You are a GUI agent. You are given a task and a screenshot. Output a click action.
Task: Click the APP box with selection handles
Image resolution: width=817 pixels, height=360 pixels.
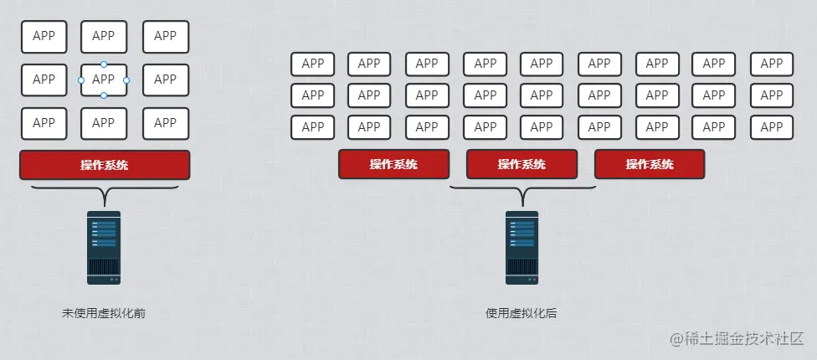pos(104,80)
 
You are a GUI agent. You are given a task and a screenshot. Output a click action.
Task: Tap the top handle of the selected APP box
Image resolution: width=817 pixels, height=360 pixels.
pos(104,64)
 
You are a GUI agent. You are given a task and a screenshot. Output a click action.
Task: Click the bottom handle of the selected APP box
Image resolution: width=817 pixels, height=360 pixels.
pos(104,95)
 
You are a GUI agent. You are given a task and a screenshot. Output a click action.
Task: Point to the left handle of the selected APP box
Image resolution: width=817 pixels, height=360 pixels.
pos(81,80)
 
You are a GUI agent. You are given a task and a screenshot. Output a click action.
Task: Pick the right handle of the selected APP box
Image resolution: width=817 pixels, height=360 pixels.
pos(126,80)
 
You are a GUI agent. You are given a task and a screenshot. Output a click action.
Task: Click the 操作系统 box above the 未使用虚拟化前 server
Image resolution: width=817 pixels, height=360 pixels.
pos(105,165)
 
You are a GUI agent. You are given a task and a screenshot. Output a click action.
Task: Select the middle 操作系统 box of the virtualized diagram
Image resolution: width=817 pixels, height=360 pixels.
pos(522,164)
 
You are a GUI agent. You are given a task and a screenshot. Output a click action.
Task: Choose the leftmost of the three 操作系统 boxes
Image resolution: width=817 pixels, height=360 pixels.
pos(393,164)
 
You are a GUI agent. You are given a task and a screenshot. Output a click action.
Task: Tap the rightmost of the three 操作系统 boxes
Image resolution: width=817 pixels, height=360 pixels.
pos(650,164)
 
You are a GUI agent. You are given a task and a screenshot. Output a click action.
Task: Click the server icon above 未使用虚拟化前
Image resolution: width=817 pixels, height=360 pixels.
pos(104,248)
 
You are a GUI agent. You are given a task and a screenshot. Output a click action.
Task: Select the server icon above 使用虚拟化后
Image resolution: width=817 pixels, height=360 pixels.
pos(522,248)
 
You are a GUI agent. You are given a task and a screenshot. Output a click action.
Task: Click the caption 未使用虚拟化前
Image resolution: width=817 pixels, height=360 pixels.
pos(104,314)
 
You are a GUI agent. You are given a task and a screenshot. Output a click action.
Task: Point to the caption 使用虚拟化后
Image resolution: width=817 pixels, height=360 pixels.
pos(522,314)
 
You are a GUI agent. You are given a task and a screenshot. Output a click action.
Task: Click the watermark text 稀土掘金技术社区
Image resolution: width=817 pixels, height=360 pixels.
pos(744,338)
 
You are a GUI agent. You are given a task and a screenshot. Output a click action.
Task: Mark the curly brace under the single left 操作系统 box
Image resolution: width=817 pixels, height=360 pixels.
pos(104,193)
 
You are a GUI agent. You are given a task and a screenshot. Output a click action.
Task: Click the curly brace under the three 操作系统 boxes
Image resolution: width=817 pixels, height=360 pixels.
pos(522,193)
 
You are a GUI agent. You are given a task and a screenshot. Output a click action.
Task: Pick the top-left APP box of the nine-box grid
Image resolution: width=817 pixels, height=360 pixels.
pos(44,37)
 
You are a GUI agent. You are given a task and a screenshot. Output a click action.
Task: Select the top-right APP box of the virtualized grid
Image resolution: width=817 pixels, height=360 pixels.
pos(772,64)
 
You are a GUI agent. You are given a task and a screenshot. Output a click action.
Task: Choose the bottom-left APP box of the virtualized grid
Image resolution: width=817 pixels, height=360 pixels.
pos(312,127)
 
